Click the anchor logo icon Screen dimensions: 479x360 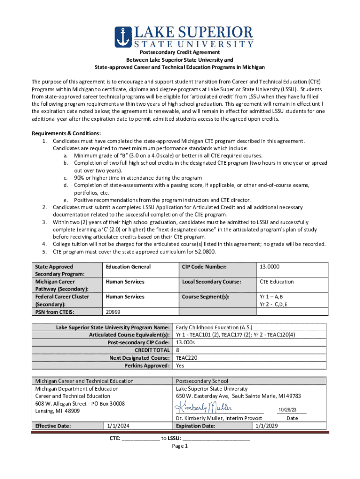coord(124,37)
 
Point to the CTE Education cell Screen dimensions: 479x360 coord(277,282)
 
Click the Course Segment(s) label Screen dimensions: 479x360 coord(205,297)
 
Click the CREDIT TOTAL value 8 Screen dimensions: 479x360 coord(178,350)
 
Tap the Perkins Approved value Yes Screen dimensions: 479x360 coord(180,365)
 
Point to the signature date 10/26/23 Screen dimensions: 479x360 coord(287,410)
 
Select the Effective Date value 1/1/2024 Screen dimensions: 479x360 coord(118,426)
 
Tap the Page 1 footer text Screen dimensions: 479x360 coord(180,446)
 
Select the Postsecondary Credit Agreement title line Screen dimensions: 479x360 coord(180,52)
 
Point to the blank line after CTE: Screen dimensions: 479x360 coord(141,439)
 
